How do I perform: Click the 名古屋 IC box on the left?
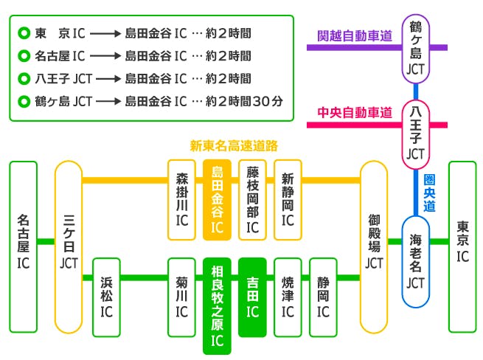click(x=23, y=246)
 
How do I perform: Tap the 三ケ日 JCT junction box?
click(x=69, y=246)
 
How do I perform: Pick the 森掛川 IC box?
click(x=181, y=199)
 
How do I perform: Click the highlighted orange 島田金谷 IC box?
click(x=217, y=199)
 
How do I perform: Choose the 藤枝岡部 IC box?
click(x=252, y=199)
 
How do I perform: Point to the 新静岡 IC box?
click(x=288, y=199)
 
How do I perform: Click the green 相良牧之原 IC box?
click(x=217, y=302)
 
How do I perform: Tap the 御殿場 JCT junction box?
click(x=374, y=246)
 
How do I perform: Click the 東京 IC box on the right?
click(x=462, y=246)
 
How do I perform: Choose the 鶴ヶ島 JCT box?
click(x=416, y=49)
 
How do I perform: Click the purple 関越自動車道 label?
click(x=354, y=35)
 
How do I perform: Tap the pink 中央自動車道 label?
click(x=354, y=112)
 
